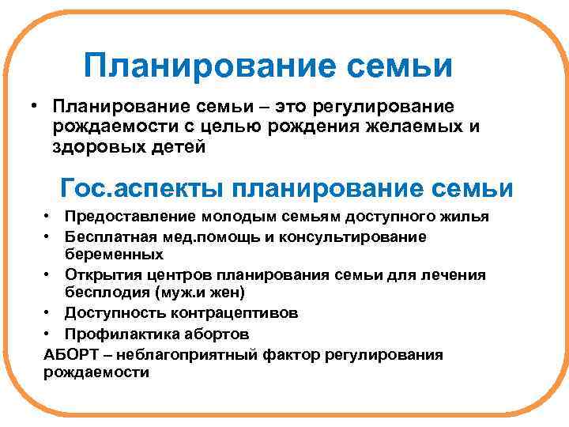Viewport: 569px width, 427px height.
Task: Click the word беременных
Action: tap(113, 255)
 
